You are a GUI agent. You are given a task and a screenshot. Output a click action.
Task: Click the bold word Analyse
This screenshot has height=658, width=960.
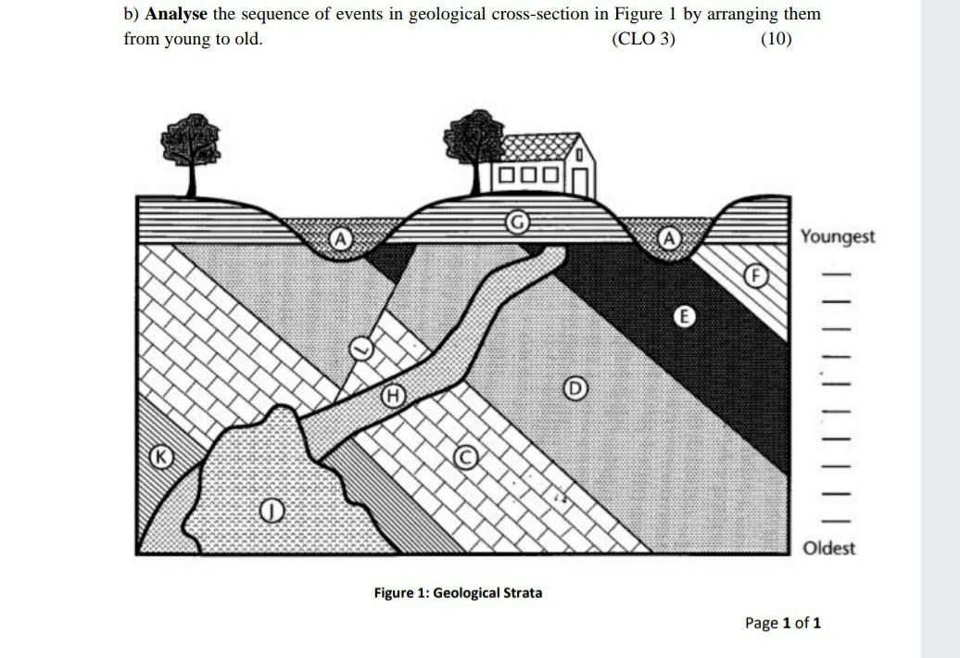click(176, 16)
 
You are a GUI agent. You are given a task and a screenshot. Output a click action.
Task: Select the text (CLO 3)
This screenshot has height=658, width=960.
click(643, 40)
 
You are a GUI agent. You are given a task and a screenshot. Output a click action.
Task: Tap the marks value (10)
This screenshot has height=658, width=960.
click(776, 40)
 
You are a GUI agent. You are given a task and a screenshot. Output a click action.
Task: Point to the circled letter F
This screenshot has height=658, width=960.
click(755, 275)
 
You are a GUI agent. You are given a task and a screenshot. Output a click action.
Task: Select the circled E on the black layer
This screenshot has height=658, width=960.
click(683, 317)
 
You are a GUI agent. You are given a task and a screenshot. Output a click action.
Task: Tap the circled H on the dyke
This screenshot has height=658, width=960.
click(394, 396)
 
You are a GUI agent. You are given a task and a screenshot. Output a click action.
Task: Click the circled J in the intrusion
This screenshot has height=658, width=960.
click(270, 509)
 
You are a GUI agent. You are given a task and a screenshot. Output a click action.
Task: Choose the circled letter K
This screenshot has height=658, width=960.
click(162, 456)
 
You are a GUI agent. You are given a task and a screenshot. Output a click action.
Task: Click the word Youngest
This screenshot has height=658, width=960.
click(838, 236)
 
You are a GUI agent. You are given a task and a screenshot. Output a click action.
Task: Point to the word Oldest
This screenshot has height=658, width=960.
click(829, 548)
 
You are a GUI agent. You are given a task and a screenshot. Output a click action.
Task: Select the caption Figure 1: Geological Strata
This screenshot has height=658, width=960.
click(458, 592)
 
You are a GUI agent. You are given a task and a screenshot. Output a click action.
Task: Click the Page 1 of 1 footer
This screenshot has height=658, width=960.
click(783, 623)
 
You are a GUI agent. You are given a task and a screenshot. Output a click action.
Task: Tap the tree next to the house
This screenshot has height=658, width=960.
click(474, 144)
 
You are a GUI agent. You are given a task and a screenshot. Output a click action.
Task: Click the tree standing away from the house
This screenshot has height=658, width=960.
click(191, 148)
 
